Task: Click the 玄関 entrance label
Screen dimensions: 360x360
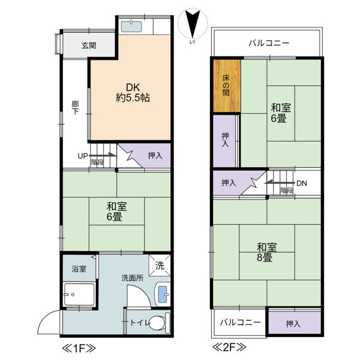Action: pyautogui.click(x=89, y=45)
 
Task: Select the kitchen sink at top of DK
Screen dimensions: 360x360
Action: pyautogui.click(x=130, y=26)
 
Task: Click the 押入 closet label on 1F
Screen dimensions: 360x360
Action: pyautogui.click(x=155, y=156)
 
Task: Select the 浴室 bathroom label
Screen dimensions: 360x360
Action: pyautogui.click(x=79, y=268)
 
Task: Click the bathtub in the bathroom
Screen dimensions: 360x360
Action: pyautogui.click(x=79, y=295)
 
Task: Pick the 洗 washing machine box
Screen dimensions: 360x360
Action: pyautogui.click(x=160, y=265)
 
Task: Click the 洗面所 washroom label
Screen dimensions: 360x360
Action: pyautogui.click(x=132, y=278)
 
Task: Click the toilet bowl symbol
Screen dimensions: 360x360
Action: pyautogui.click(x=157, y=322)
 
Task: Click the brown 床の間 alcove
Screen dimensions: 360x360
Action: pyautogui.click(x=226, y=85)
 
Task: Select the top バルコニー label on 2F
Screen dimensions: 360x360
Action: pyautogui.click(x=269, y=43)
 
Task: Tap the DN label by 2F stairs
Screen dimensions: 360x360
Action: pyautogui.click(x=302, y=184)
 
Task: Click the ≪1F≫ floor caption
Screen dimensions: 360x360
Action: pyautogui.click(x=76, y=348)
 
